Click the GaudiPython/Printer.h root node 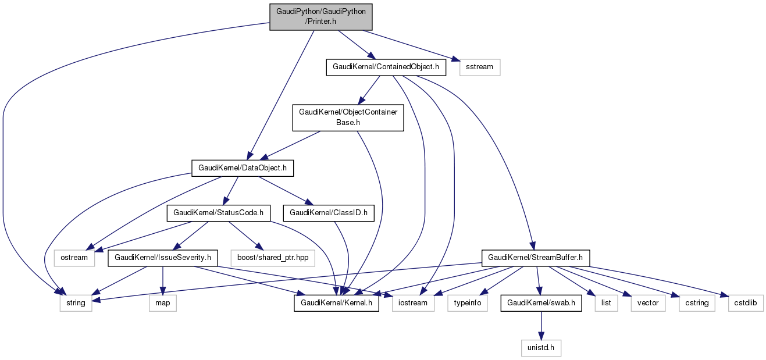click(x=320, y=17)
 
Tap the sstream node click(x=480, y=67)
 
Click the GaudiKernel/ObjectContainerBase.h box click(x=348, y=117)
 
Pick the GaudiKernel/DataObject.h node click(x=243, y=168)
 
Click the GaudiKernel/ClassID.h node click(x=329, y=213)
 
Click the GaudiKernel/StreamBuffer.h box click(x=536, y=257)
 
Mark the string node click(x=76, y=303)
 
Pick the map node click(x=162, y=303)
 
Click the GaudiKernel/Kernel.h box click(x=337, y=303)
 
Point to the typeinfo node click(x=468, y=303)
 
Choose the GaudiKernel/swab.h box click(x=541, y=303)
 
